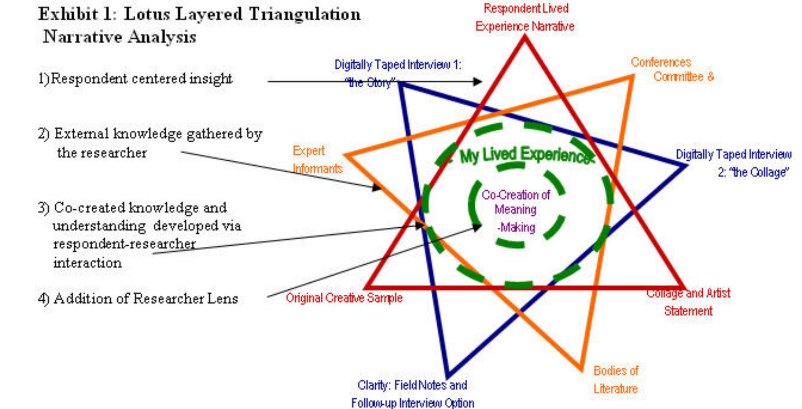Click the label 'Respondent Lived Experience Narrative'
click(x=525, y=18)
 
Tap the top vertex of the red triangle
click(x=525, y=37)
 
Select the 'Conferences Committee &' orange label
click(x=672, y=69)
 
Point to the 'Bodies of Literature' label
click(x=615, y=379)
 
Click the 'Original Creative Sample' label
click(x=344, y=298)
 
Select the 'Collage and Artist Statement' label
click(x=688, y=302)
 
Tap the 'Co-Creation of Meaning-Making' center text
click(x=516, y=211)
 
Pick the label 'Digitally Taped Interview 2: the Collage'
click(x=734, y=163)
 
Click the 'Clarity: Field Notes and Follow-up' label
click(x=412, y=394)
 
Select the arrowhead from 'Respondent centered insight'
click(x=478, y=81)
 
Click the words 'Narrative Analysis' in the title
click(x=119, y=37)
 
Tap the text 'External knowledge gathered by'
click(x=158, y=134)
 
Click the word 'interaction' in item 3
click(x=87, y=263)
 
